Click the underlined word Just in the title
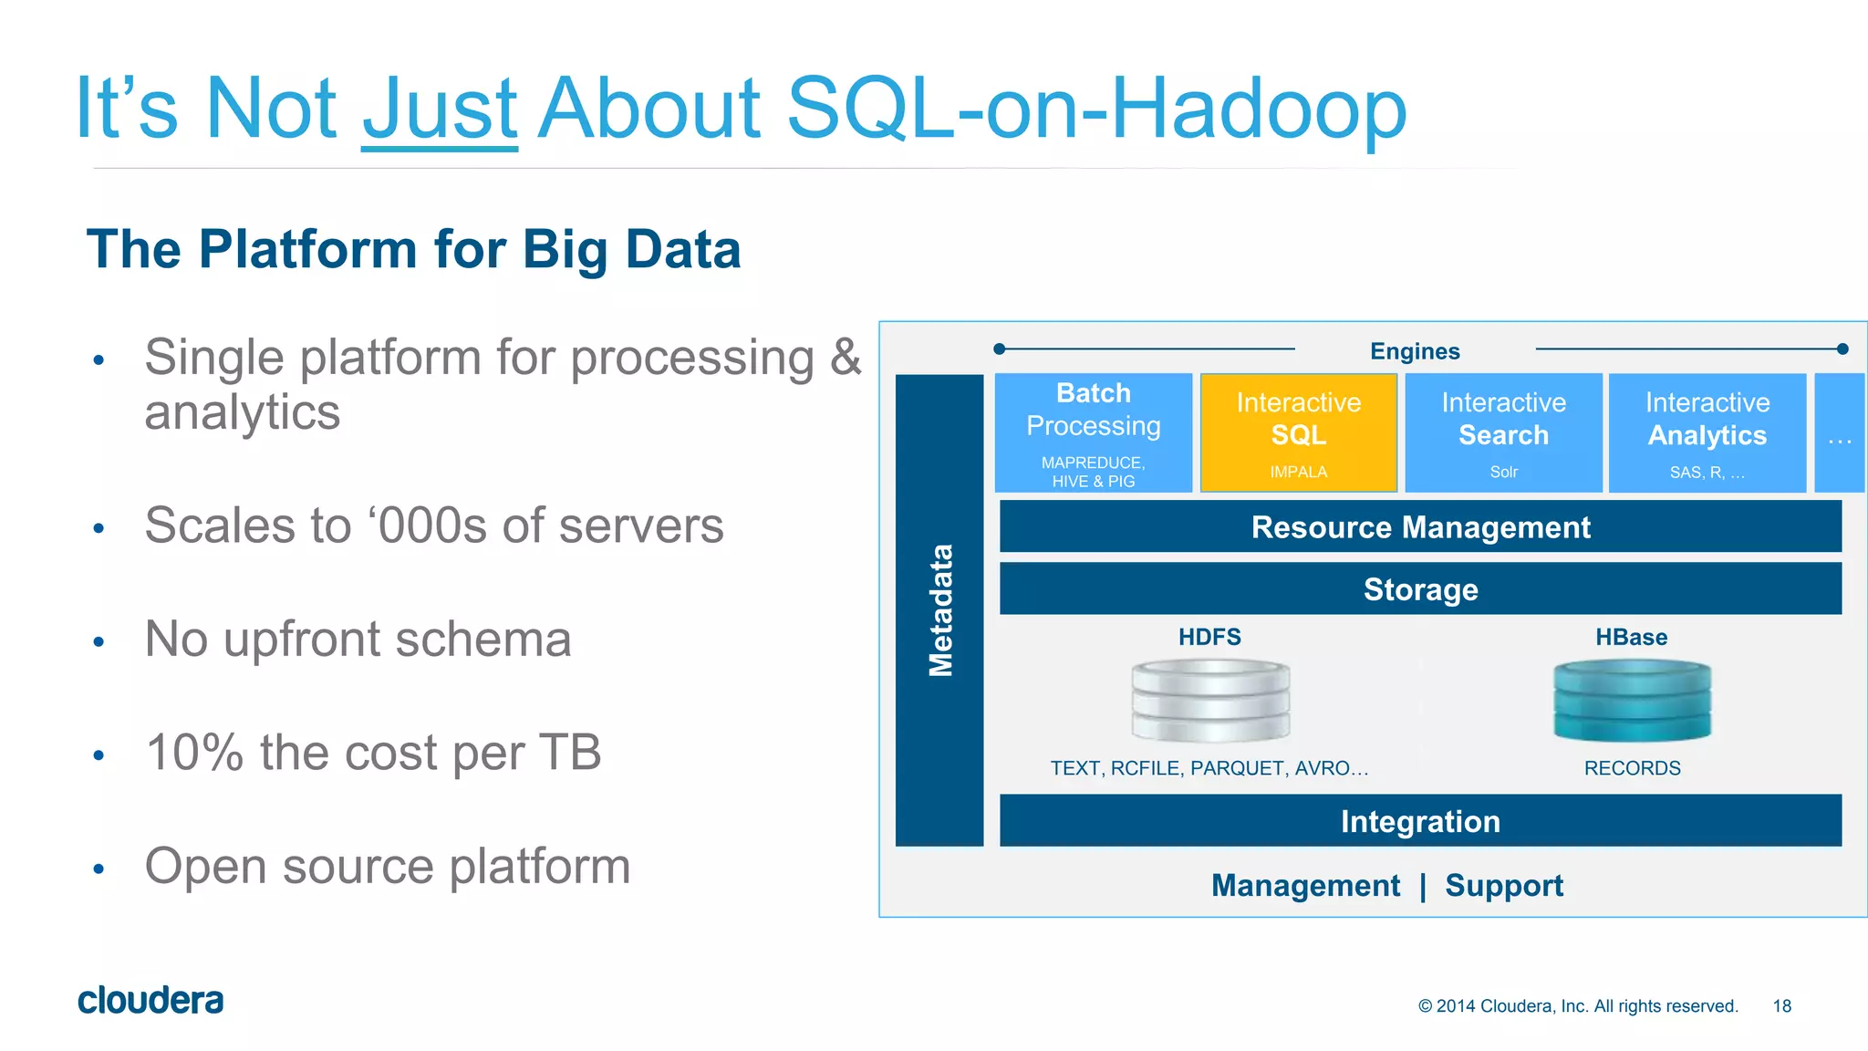point(440,109)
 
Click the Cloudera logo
point(150,1000)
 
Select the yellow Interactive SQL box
point(1298,433)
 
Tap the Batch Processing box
point(1093,433)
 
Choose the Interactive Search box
point(1503,433)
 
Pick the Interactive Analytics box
point(1707,433)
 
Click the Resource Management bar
point(1420,526)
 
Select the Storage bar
point(1420,589)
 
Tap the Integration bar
point(1420,821)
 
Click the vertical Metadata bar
point(939,609)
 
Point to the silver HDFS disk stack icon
point(1210,701)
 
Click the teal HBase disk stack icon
point(1632,701)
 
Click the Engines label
point(1415,351)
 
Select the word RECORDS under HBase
point(1632,768)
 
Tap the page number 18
point(1781,1005)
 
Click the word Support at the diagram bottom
point(1504,885)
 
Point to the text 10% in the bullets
point(194,753)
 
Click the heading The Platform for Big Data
point(413,249)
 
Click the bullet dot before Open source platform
point(99,869)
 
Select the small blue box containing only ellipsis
point(1839,433)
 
